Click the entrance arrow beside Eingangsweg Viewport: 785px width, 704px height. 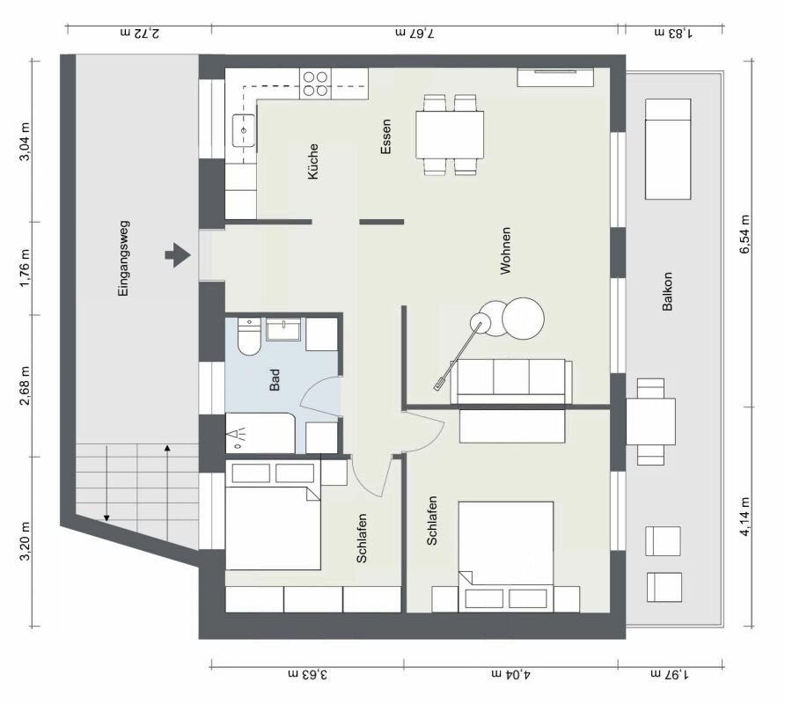pyautogui.click(x=179, y=255)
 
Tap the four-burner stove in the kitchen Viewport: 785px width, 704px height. pyautogui.click(x=316, y=84)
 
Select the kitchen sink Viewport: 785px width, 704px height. pyautogui.click(x=243, y=131)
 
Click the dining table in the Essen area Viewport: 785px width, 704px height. pyautogui.click(x=450, y=135)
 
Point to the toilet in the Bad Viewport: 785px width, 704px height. pyautogui.click(x=249, y=336)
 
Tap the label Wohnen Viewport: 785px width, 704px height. pyautogui.click(x=506, y=250)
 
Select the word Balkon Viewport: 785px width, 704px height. pyautogui.click(x=667, y=291)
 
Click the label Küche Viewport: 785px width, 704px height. pyautogui.click(x=313, y=161)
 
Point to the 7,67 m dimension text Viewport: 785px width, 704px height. pyautogui.click(x=415, y=33)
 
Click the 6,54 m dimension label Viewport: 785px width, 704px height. pyautogui.click(x=745, y=234)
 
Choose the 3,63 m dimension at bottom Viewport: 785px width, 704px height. pyautogui.click(x=308, y=674)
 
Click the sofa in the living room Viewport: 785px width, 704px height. pyautogui.click(x=511, y=381)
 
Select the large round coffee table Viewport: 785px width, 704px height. pyautogui.click(x=523, y=318)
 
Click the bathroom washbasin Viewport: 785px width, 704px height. pyautogui.click(x=283, y=329)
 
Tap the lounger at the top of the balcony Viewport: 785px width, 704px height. pyautogui.click(x=668, y=150)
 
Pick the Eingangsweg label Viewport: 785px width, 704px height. pyautogui.click(x=123, y=259)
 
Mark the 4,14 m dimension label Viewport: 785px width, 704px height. pyautogui.click(x=745, y=517)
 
